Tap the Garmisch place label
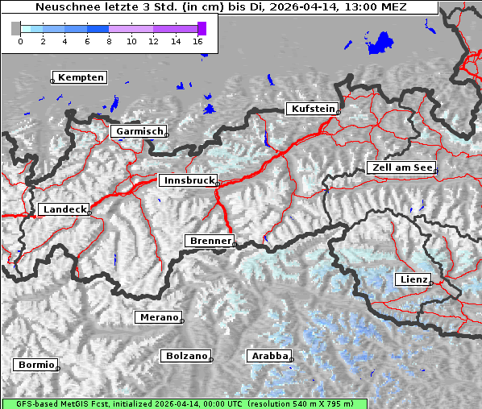139,131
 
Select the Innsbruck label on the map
188,181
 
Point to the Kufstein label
312,109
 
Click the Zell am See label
401,167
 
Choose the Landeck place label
64,209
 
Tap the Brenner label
210,241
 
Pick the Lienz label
413,279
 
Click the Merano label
158,317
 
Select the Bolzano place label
186,355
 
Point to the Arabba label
269,355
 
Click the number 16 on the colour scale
198,40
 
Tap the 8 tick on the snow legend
109,40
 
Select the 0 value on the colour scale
20,40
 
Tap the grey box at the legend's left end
15,28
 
